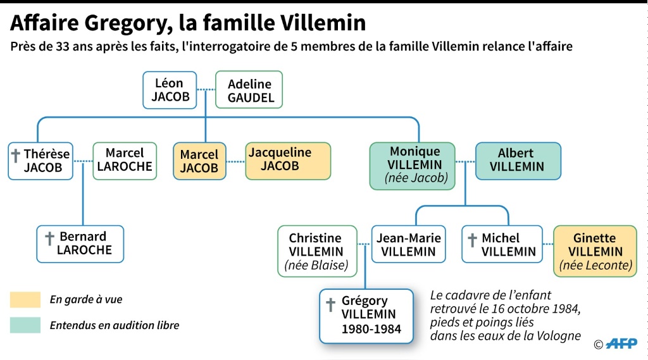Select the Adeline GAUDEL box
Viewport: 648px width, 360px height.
click(x=249, y=90)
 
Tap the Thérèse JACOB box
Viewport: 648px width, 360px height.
click(x=40, y=161)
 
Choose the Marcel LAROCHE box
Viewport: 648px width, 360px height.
click(x=125, y=161)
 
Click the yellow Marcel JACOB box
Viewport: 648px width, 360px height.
click(x=199, y=161)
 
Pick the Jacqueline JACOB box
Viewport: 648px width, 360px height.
click(x=288, y=161)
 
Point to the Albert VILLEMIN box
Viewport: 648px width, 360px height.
click(x=518, y=161)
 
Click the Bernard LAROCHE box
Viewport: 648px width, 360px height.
click(x=80, y=244)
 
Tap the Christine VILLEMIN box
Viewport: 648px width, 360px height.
click(x=317, y=251)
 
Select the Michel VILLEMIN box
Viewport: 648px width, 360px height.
click(x=502, y=244)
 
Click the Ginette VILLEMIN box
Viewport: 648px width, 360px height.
click(x=595, y=251)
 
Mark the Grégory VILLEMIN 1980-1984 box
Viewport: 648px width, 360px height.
click(x=366, y=316)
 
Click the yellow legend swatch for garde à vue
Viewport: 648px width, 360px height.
click(x=25, y=299)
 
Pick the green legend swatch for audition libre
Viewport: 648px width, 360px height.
click(x=25, y=325)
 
